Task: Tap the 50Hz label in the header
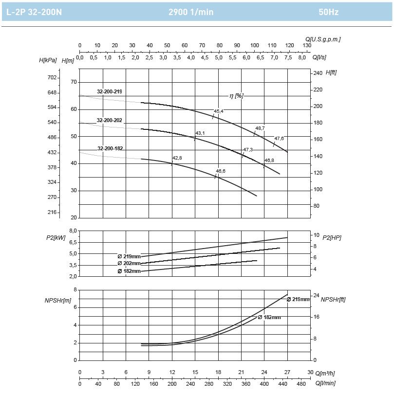click(x=328, y=12)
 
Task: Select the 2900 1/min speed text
click(x=191, y=12)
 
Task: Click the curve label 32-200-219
click(x=110, y=91)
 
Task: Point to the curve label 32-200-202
click(x=110, y=120)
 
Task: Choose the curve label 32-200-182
click(x=110, y=148)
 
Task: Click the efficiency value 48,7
click(x=260, y=128)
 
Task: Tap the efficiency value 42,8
click(x=177, y=158)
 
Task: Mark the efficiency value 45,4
click(x=219, y=111)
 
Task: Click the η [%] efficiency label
click(x=237, y=96)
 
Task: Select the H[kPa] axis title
click(x=48, y=60)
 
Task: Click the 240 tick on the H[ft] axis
click(x=318, y=73)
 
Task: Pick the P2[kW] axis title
click(x=56, y=237)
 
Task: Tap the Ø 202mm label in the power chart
click(x=129, y=263)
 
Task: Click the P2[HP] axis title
click(x=333, y=237)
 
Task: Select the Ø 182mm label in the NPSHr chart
click(x=269, y=317)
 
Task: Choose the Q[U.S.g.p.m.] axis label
click(x=323, y=39)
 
